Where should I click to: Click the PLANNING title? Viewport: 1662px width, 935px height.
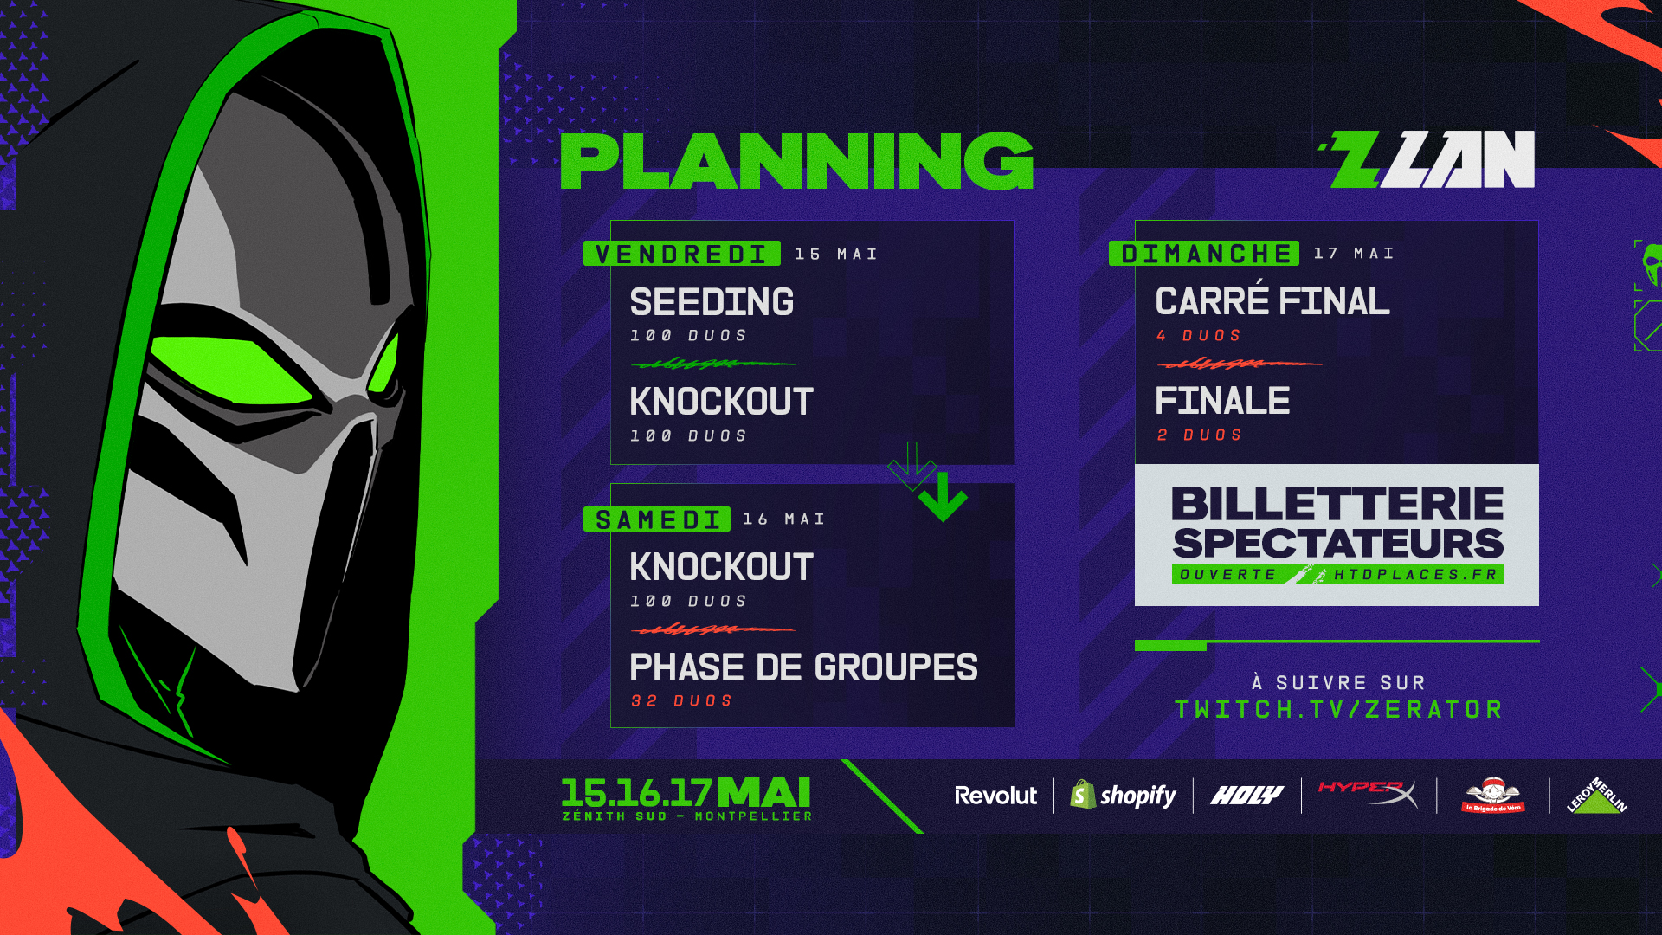797,161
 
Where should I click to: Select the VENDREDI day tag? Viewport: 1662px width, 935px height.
682,254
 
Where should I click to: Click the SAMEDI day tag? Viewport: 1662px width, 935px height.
657,519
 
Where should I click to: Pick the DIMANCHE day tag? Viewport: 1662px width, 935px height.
1204,253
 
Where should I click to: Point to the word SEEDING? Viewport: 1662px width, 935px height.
712,302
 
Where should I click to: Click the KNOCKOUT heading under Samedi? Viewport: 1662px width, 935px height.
721,567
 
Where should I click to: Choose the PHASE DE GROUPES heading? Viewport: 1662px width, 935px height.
803,667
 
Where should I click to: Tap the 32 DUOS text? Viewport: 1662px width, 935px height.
682,700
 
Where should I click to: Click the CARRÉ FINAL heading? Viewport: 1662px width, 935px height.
1272,300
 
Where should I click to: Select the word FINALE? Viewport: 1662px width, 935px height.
1222,401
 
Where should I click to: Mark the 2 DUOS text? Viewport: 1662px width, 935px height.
1200,435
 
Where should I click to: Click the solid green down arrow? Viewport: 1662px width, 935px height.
943,497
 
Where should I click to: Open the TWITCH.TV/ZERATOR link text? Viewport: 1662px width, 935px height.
1338,710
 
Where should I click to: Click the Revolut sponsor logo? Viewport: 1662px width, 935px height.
995,796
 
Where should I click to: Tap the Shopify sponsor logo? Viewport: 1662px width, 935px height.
1123,795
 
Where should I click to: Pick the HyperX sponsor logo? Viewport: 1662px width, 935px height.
1368,793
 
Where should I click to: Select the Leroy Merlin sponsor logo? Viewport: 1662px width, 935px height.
1597,796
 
